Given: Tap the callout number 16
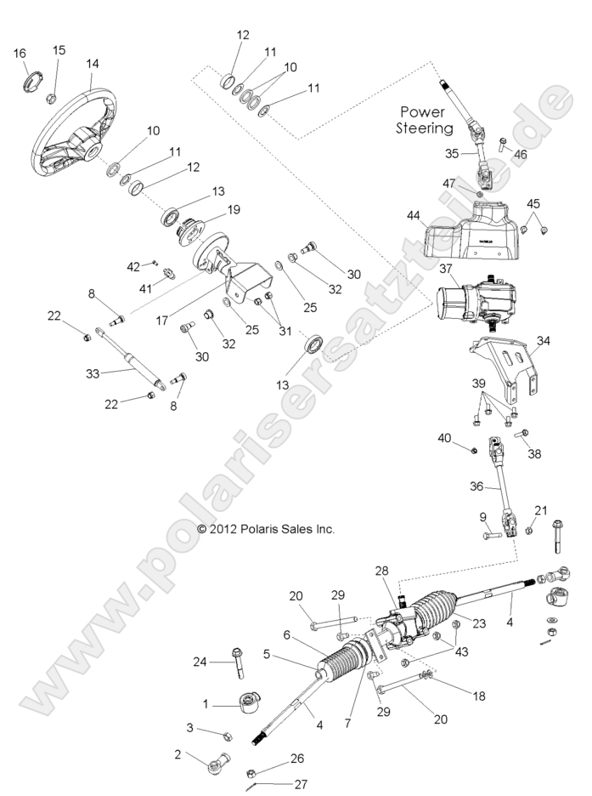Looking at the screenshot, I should pyautogui.click(x=20, y=54).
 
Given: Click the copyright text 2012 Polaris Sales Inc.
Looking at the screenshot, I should pyautogui.click(x=266, y=528).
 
